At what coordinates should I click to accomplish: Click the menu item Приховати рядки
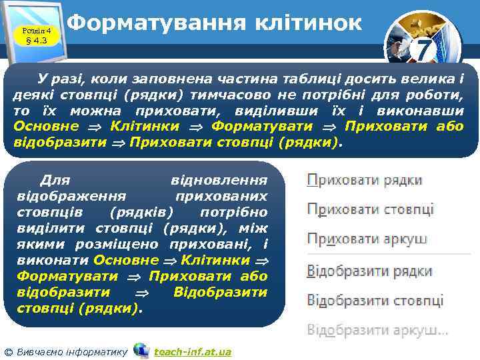click(x=364, y=180)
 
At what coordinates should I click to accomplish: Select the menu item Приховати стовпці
click(x=370, y=209)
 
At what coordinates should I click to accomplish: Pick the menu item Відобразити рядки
click(x=369, y=271)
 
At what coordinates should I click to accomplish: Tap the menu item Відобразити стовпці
click(x=375, y=301)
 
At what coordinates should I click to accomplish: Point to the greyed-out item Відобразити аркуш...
click(x=377, y=329)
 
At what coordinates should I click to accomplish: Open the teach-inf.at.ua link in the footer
click(x=193, y=351)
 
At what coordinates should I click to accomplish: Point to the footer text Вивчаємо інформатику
click(x=71, y=351)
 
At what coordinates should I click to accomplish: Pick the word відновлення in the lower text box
click(x=219, y=180)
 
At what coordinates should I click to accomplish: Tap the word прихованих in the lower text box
click(x=221, y=196)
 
